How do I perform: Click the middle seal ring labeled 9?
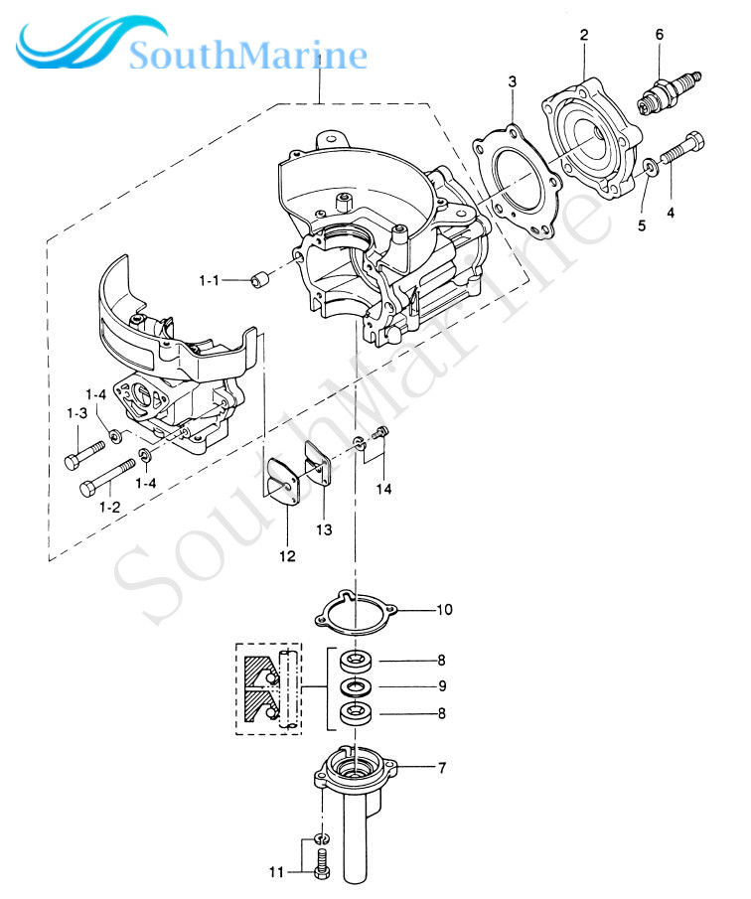click(355, 686)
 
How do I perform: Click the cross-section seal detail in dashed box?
click(267, 687)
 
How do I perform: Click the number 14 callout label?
click(384, 488)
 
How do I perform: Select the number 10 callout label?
click(444, 609)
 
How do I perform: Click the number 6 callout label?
click(659, 34)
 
